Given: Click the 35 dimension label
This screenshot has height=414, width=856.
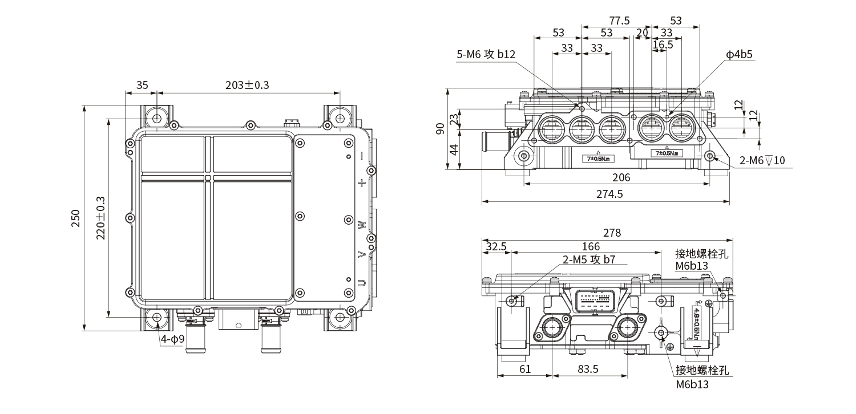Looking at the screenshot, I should pyautogui.click(x=142, y=85).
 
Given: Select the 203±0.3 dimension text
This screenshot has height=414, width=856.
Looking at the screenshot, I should pyautogui.click(x=247, y=85).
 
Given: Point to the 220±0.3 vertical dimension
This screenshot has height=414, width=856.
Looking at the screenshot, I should pyautogui.click(x=100, y=218).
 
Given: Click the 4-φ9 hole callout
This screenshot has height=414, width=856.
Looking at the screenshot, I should pyautogui.click(x=172, y=340).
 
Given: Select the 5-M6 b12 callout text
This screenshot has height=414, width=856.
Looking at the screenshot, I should pyautogui.click(x=486, y=54).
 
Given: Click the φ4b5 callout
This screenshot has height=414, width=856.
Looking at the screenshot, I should pyautogui.click(x=739, y=54).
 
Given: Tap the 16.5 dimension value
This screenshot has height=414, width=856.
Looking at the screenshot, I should pyautogui.click(x=663, y=44).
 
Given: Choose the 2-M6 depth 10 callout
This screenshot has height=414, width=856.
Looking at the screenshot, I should pyautogui.click(x=762, y=160).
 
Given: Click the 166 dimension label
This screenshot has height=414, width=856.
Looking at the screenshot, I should pyautogui.click(x=590, y=246).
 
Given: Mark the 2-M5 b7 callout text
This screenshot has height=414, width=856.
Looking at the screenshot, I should pyautogui.click(x=589, y=259).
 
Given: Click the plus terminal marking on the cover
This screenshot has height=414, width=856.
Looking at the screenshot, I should pyautogui.click(x=361, y=183).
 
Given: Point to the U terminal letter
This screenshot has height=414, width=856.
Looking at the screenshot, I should pyautogui.click(x=361, y=283).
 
